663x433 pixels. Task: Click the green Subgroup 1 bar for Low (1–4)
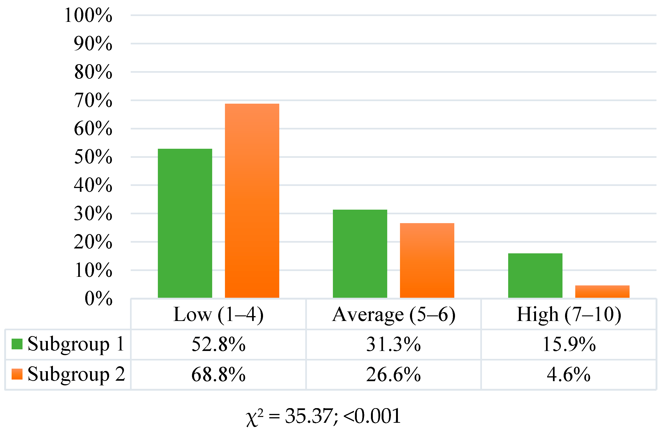click(x=185, y=223)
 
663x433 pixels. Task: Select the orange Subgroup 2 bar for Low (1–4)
click(x=252, y=201)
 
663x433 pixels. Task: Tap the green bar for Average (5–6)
click(x=360, y=254)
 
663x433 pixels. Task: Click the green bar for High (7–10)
click(x=535, y=275)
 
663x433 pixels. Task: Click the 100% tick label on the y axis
click(x=88, y=15)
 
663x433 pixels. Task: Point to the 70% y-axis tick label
click(x=93, y=100)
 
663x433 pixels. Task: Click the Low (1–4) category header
click(x=218, y=314)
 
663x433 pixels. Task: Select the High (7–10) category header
click(x=569, y=314)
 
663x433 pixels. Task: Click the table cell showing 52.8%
click(x=218, y=344)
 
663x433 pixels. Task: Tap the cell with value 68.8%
click(x=218, y=374)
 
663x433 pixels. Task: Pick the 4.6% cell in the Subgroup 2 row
click(x=569, y=374)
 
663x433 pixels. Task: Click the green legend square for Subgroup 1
click(x=17, y=344)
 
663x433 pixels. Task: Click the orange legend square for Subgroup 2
click(x=17, y=374)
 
